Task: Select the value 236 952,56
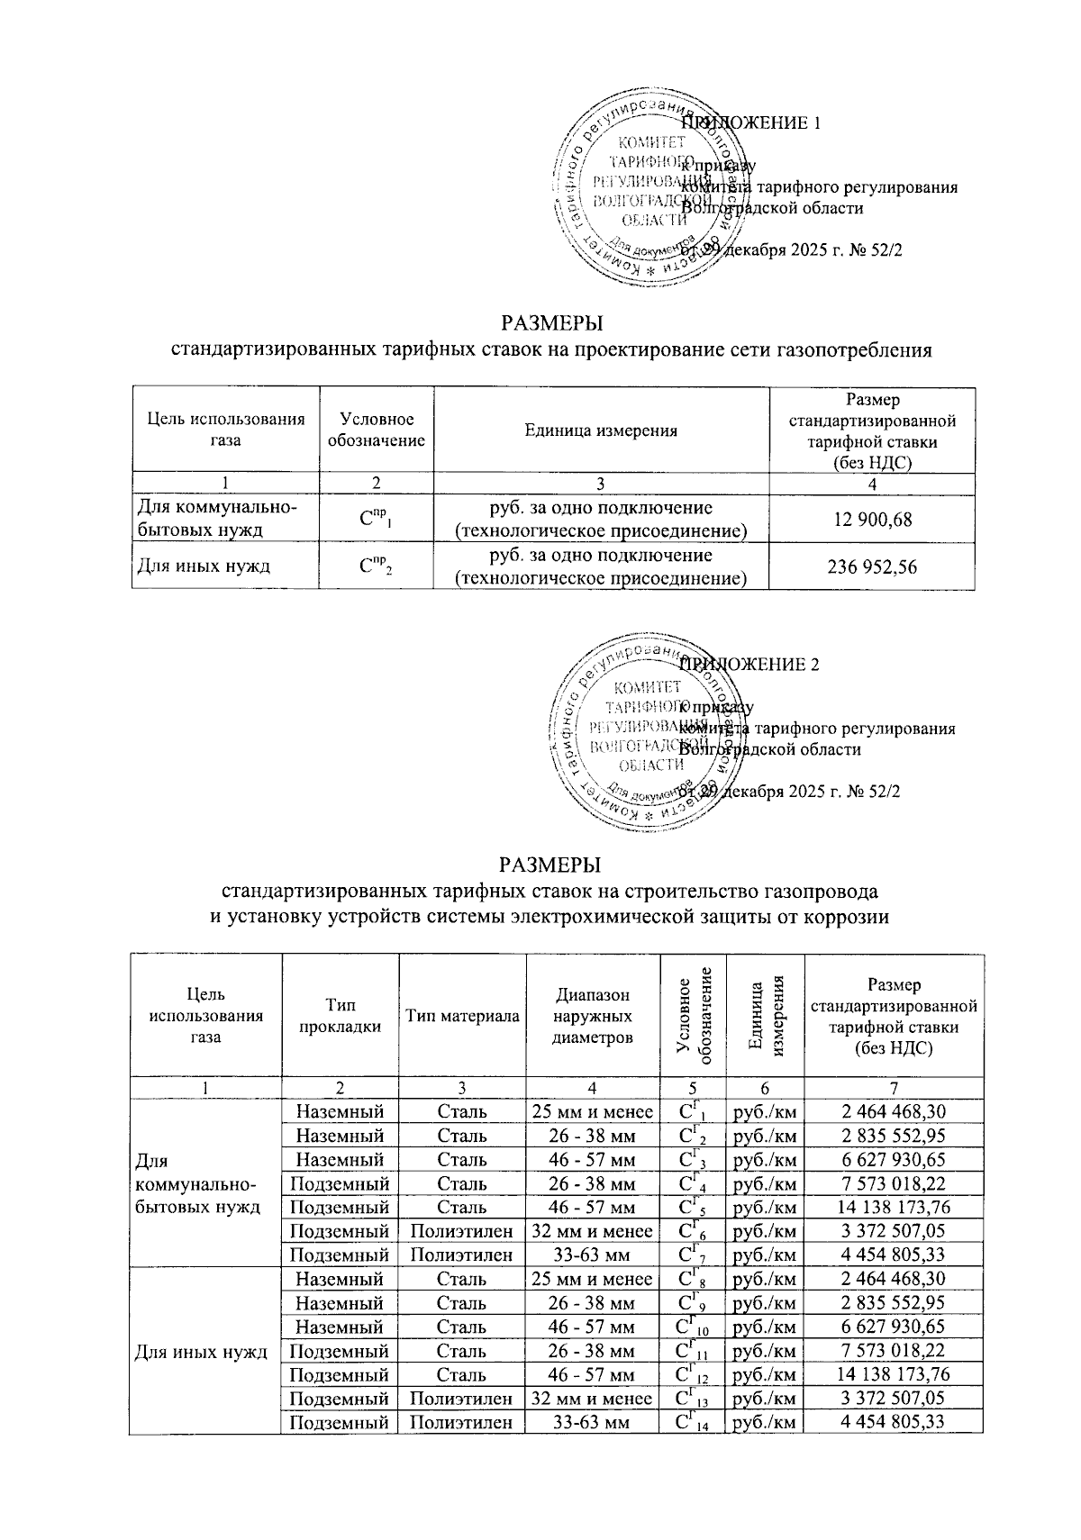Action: point(871,566)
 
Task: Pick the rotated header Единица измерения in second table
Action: point(766,1016)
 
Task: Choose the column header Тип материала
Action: point(462,1016)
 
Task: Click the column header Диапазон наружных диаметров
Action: point(592,1016)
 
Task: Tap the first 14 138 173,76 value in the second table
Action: point(893,1207)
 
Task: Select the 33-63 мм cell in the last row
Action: point(592,1423)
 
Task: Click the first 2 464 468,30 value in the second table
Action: point(893,1111)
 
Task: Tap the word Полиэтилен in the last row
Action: point(462,1423)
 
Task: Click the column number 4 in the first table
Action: point(871,484)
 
